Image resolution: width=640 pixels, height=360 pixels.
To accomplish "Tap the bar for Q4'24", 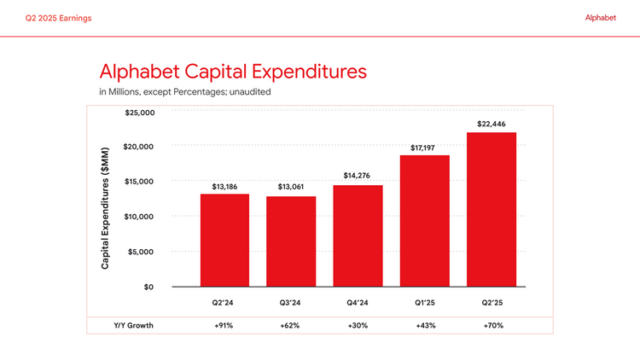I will pyautogui.click(x=358, y=235).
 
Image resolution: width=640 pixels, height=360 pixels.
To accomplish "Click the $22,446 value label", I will pyautogui.click(x=491, y=124).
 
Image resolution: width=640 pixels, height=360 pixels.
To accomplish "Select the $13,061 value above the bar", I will pyautogui.click(x=291, y=187).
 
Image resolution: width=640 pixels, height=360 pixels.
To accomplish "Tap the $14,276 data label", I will pyautogui.click(x=358, y=176).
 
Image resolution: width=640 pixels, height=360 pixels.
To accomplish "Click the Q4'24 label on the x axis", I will pyautogui.click(x=358, y=303).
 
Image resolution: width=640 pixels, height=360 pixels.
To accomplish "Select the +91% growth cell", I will pyautogui.click(x=224, y=325).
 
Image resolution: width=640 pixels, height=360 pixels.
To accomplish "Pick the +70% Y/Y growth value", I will pyautogui.click(x=491, y=325).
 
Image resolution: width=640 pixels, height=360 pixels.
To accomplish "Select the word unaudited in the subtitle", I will pyautogui.click(x=247, y=91).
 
